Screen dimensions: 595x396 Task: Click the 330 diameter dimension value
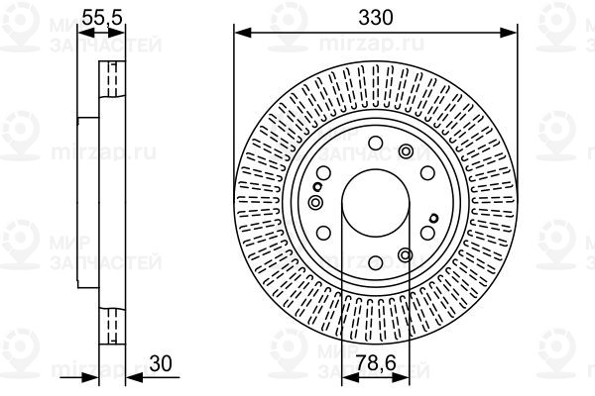click(x=376, y=18)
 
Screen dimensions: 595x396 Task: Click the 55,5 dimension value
click(x=102, y=18)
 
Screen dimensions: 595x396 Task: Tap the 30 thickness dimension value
click(x=161, y=363)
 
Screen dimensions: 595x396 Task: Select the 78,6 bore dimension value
click(x=377, y=363)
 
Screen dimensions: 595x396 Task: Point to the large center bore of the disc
click(x=376, y=203)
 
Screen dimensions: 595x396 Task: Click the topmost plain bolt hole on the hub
click(x=376, y=144)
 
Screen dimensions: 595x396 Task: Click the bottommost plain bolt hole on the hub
click(x=376, y=262)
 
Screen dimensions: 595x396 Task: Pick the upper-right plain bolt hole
click(x=427, y=173)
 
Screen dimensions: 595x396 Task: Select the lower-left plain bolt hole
click(x=323, y=233)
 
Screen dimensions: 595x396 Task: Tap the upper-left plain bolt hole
click(x=323, y=173)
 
